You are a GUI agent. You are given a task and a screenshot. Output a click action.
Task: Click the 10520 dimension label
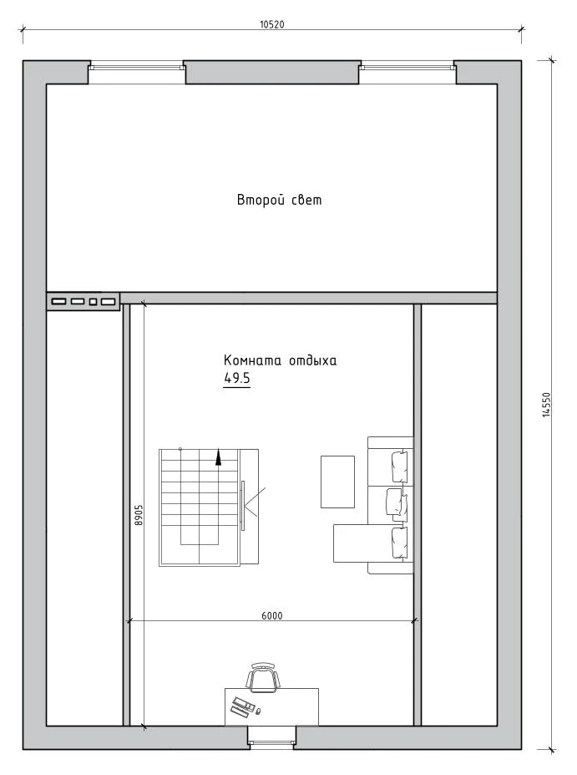(x=272, y=24)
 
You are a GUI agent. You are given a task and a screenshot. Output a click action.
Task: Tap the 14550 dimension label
(x=546, y=405)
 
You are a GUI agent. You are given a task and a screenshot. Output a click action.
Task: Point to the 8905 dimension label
(x=139, y=514)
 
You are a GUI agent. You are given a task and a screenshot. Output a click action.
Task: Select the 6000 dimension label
(x=272, y=615)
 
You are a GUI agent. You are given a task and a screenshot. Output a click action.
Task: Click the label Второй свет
(x=280, y=200)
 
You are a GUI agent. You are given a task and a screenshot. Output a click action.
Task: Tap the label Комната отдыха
(x=281, y=359)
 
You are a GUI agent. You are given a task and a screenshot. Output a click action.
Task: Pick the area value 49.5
(x=237, y=378)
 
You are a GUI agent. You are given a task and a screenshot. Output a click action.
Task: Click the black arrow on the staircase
(x=218, y=457)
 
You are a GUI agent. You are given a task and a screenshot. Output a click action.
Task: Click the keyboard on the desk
(x=242, y=706)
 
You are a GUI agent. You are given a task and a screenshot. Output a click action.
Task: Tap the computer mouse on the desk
(x=258, y=711)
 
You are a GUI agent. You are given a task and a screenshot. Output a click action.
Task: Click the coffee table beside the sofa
(x=337, y=482)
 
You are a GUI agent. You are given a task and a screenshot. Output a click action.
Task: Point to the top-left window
(x=136, y=66)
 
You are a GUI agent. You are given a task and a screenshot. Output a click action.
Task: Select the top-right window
(x=406, y=66)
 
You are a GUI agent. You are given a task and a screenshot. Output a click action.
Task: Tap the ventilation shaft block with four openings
(x=84, y=301)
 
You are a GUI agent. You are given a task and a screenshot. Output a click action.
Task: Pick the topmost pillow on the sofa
(x=400, y=467)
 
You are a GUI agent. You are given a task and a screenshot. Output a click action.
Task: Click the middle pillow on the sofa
(x=397, y=504)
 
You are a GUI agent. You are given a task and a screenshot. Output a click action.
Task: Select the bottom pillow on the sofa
(x=400, y=543)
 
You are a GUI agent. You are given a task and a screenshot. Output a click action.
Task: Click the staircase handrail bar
(x=243, y=505)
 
